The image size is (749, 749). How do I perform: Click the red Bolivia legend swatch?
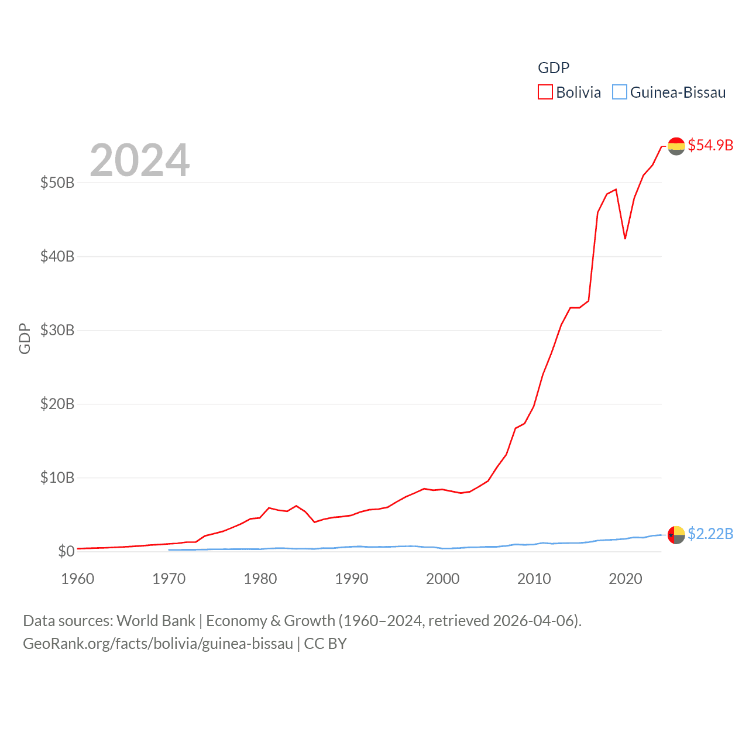point(545,92)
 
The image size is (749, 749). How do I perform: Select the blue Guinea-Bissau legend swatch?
point(619,92)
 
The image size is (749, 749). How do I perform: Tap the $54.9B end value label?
point(710,145)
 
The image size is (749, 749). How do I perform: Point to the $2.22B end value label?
point(710,534)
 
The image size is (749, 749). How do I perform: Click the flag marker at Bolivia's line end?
point(676,146)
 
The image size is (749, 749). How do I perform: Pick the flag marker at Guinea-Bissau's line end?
point(676,535)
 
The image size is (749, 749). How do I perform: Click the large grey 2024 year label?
point(139,160)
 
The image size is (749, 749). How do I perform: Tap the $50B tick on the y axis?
point(57,183)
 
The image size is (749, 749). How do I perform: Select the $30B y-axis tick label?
point(57,330)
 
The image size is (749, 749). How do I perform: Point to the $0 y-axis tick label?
point(66,551)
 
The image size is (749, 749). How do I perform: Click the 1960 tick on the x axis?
point(78,579)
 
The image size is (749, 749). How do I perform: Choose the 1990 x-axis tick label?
point(351,579)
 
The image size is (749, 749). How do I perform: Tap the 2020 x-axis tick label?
point(625,579)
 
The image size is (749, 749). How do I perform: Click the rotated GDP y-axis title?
point(25,338)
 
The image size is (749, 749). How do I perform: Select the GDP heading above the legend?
point(553,68)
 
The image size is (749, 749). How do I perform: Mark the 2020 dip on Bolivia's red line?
point(625,238)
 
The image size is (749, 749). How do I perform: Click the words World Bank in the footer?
point(156,620)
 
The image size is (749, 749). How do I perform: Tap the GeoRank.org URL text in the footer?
point(158,644)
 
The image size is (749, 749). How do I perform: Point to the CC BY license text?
point(325,644)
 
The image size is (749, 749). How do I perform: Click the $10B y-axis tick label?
point(57,477)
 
